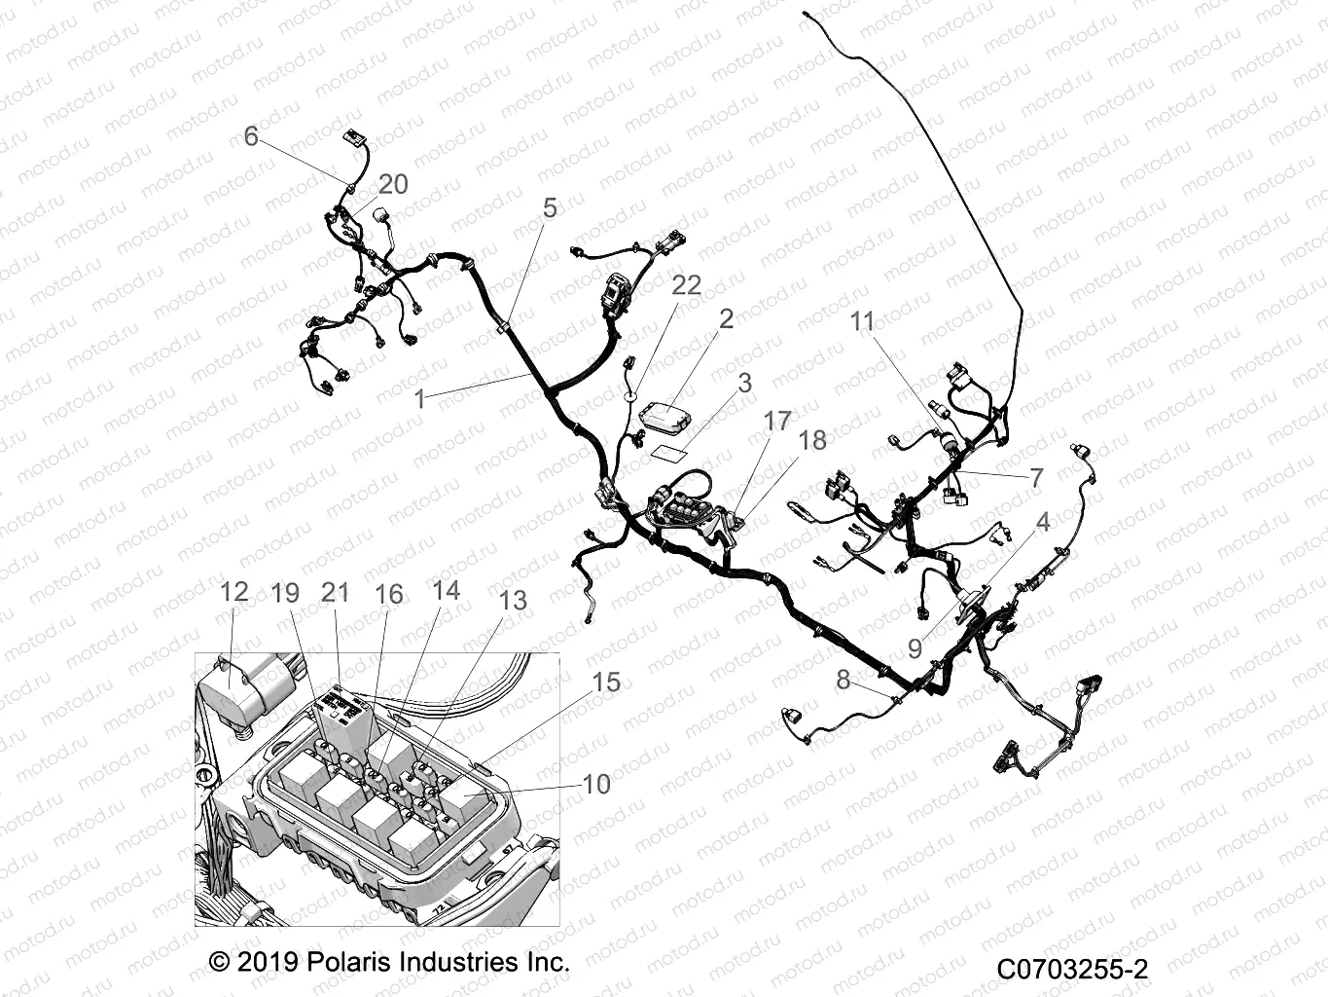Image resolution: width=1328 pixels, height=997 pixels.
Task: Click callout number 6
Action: point(251,136)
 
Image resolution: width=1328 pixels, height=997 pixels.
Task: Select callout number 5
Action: point(550,207)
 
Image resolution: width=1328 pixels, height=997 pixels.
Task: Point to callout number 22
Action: point(687,285)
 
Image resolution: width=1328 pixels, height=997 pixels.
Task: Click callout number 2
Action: point(726,318)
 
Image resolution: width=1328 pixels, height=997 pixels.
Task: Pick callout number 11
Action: point(863,321)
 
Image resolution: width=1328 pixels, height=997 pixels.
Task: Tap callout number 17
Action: point(776,422)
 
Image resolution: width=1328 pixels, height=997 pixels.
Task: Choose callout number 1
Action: point(419,398)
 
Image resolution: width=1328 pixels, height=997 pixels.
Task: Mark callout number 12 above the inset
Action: point(233,592)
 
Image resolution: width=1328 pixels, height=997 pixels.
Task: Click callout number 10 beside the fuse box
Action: point(596,784)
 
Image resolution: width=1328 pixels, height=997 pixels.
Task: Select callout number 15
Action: point(606,683)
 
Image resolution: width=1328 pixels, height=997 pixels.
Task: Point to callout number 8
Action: point(843,680)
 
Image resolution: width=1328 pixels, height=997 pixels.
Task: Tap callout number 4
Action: point(1043,522)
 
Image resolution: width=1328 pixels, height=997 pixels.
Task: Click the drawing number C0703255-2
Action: point(1071,969)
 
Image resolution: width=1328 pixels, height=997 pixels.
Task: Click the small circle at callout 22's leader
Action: point(630,396)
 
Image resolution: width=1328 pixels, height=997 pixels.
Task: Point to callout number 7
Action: point(1036,477)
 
